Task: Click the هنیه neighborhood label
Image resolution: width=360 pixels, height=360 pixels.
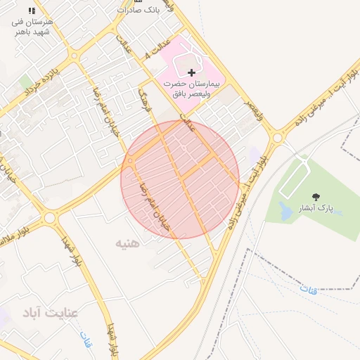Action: coord(128,243)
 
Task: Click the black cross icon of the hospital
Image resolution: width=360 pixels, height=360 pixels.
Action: coord(191,72)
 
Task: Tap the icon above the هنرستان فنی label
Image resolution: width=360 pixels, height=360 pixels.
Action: coord(32,11)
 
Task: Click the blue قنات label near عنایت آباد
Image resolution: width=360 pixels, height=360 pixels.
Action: coord(87,340)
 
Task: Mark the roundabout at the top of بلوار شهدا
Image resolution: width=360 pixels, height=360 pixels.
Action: coord(49,218)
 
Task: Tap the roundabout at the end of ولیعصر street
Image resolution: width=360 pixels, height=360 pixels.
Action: coord(278,138)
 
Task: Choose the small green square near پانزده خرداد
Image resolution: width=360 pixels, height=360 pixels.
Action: coord(26,82)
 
